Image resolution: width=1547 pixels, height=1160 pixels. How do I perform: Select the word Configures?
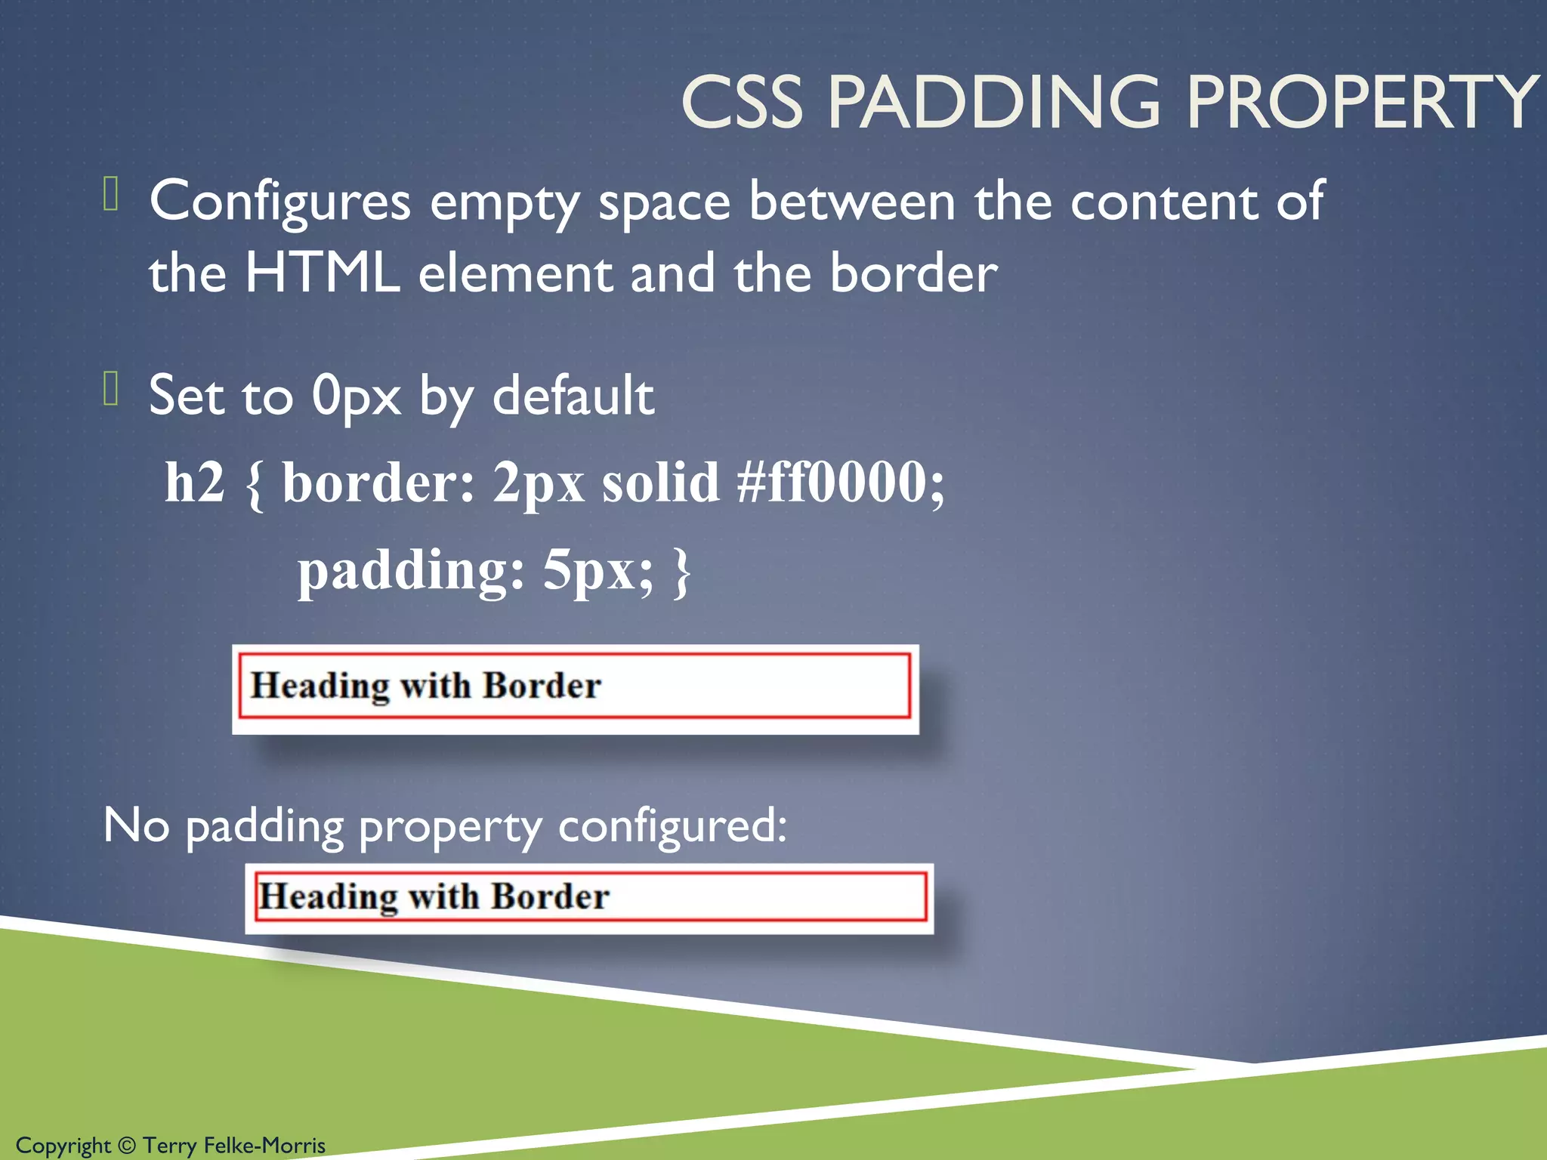[280, 202]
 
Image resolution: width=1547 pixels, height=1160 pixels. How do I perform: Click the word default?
[573, 395]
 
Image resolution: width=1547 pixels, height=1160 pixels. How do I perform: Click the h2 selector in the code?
[195, 482]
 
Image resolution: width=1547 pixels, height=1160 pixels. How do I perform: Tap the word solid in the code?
[660, 482]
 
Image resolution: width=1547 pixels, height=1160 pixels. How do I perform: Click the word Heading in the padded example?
[320, 686]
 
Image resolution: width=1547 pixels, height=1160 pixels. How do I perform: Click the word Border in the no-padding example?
[550, 896]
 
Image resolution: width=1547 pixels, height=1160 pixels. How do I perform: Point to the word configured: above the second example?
[672, 825]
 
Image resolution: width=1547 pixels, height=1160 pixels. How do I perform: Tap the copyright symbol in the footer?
[127, 1146]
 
